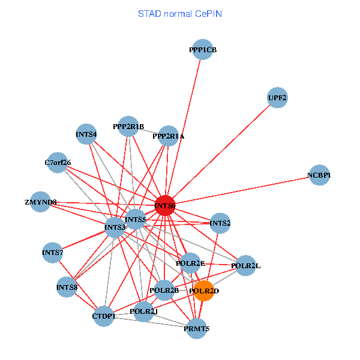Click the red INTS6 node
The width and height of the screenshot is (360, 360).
165,205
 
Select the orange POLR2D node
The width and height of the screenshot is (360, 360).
204,291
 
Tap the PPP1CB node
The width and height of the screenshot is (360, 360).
202,50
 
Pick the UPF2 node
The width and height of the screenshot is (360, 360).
277,98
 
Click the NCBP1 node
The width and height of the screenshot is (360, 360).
319,175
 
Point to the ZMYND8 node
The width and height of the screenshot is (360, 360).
40,202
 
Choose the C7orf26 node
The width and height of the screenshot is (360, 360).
57,163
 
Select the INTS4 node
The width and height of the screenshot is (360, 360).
87,134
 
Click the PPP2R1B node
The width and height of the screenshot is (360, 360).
128,127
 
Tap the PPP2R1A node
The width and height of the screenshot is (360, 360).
169,136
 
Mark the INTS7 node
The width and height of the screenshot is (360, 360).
53,253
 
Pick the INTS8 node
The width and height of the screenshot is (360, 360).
67,287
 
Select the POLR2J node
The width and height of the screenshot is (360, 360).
143,311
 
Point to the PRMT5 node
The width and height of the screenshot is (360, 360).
197,328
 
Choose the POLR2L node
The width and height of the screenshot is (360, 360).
245,265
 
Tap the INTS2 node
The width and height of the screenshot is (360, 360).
220,223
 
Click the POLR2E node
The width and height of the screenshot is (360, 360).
191,263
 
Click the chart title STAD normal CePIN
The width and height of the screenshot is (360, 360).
180,13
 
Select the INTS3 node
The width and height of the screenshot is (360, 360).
115,227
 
